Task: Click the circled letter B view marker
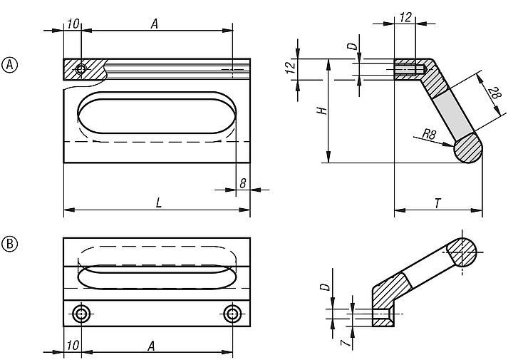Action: [x=11, y=244]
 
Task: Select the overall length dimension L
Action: [x=158, y=202]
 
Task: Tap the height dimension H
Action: [x=322, y=111]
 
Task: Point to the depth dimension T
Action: [x=438, y=202]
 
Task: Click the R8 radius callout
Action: [x=429, y=133]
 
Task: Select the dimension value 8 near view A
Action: [x=243, y=183]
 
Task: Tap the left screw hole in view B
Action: [x=82, y=314]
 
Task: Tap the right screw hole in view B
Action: [x=232, y=314]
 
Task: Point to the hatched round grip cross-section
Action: [x=469, y=150]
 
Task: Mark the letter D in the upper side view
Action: [x=351, y=47]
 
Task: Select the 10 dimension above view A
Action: [x=72, y=24]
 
